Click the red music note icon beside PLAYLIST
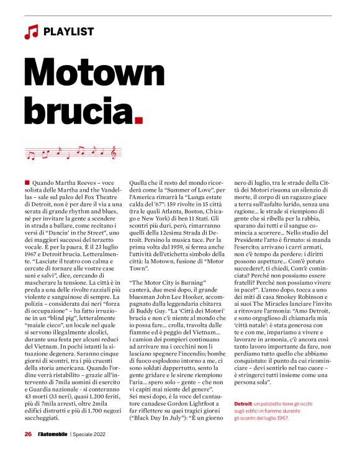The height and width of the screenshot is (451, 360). [x=31, y=31]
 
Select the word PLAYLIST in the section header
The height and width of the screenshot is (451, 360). [x=70, y=31]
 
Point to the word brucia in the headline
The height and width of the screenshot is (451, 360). [x=76, y=109]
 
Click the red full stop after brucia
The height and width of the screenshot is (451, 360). [x=138, y=117]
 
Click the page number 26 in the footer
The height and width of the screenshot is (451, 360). [x=29, y=434]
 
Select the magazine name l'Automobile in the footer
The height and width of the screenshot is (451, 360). [x=52, y=434]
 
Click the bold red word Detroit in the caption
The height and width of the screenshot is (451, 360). [x=243, y=387]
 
